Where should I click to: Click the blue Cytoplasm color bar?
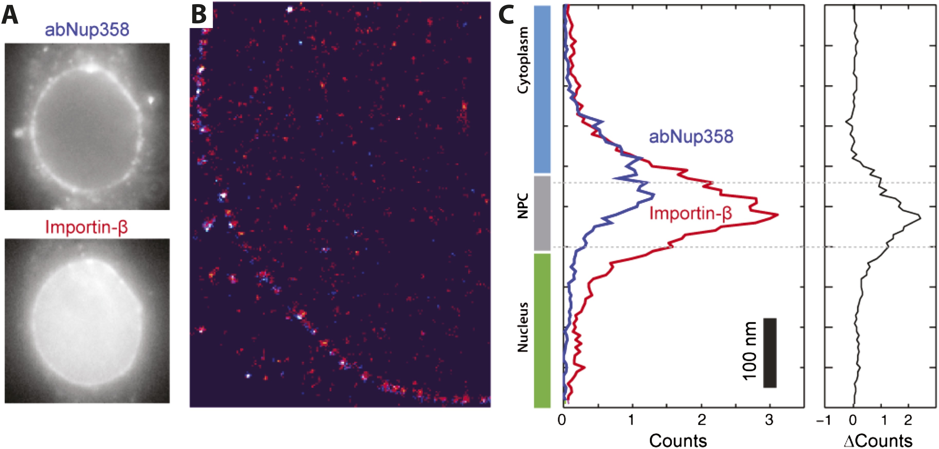point(542,89)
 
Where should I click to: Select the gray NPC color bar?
point(542,213)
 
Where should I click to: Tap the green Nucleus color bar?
point(542,330)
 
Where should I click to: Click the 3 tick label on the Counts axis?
point(769,420)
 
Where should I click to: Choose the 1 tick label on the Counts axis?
point(631,420)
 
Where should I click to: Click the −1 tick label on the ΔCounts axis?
point(823,420)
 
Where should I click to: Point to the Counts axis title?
point(678,440)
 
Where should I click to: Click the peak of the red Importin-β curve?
point(778,215)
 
